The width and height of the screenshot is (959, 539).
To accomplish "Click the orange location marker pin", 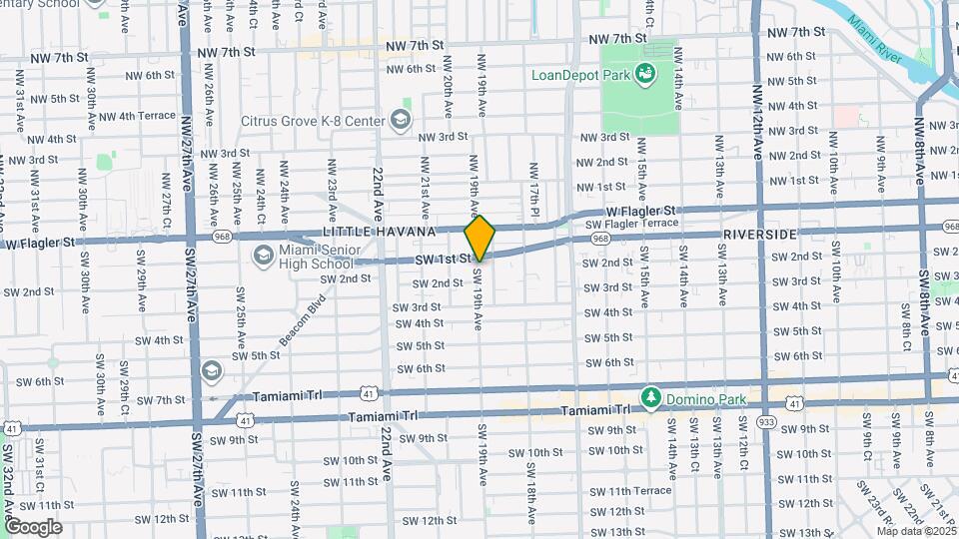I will [x=480, y=238].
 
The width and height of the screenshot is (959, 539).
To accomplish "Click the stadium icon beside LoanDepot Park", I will [x=646, y=72].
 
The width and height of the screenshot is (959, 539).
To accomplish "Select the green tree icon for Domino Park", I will [x=650, y=398].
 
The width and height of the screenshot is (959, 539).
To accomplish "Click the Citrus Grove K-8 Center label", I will [x=313, y=121].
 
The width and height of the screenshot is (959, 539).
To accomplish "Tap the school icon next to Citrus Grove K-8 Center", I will [x=400, y=121].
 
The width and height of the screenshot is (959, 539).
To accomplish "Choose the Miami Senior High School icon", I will [x=264, y=255].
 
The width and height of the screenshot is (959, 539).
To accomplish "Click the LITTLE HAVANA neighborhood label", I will [x=380, y=232].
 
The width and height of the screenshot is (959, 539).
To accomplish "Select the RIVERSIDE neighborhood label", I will [x=761, y=234].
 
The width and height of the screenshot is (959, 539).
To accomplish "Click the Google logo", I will [x=33, y=526].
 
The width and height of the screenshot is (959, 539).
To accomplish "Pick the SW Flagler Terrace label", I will [x=632, y=223].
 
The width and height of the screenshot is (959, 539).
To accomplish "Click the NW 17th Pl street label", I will [x=535, y=183].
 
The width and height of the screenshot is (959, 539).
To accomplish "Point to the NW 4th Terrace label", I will [x=147, y=116].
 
